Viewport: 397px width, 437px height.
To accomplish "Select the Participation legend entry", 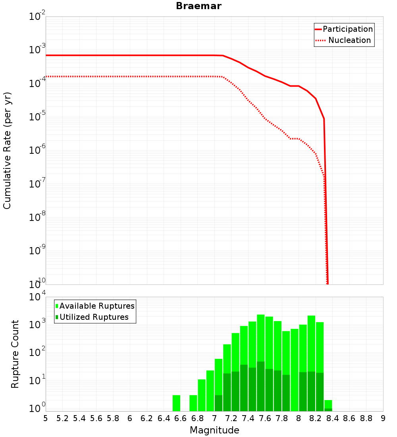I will (347, 29).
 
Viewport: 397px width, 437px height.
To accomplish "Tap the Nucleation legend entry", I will (349, 40).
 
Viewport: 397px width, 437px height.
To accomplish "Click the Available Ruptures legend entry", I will (96, 306).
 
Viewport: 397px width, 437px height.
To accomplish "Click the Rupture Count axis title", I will (15, 354).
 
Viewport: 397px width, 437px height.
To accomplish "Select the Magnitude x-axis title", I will (214, 430).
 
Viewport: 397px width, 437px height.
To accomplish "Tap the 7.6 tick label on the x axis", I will (265, 418).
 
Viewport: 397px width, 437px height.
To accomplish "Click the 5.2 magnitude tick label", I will (62, 418).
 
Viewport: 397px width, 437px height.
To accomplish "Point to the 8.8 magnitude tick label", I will (366, 418).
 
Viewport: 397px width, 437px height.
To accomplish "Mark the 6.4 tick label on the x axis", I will (164, 418).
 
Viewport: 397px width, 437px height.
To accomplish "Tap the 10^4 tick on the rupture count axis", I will (38, 297).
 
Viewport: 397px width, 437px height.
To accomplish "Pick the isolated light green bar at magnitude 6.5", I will (176, 403).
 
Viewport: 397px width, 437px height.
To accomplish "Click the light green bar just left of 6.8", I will (193, 403).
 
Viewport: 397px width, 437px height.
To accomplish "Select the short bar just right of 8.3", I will (328, 406).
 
